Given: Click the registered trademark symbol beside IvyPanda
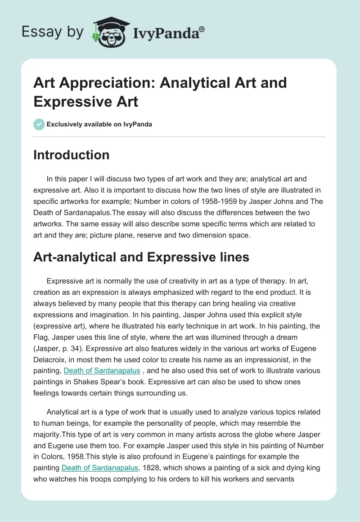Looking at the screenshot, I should [x=202, y=29].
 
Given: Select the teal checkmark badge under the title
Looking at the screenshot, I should [x=39, y=124].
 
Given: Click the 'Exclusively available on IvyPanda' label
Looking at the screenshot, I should [x=99, y=124].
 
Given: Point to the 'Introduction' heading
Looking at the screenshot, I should [x=71, y=155].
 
